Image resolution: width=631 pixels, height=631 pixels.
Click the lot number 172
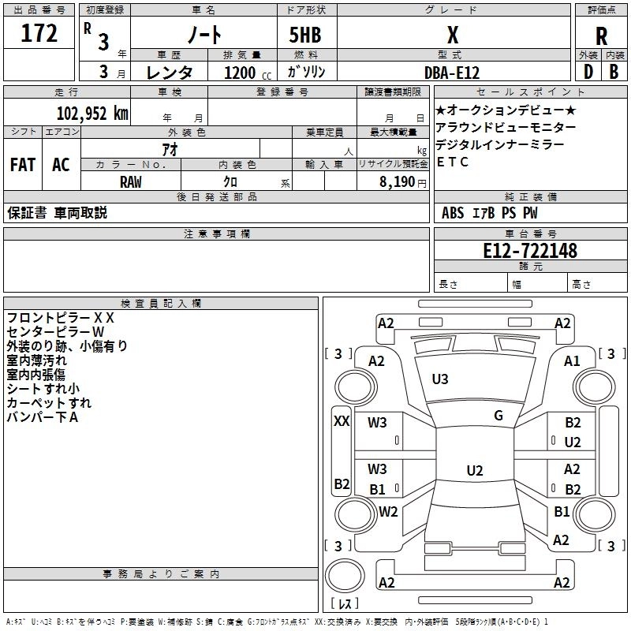point(39,34)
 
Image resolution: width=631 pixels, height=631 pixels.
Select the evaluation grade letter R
point(601,36)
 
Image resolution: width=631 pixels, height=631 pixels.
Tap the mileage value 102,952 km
point(92,113)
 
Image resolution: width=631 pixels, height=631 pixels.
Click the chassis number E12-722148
point(530,251)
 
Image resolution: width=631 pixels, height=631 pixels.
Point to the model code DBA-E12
point(450,72)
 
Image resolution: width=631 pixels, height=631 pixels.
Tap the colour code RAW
point(131,181)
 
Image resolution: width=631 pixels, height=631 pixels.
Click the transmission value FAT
point(22,165)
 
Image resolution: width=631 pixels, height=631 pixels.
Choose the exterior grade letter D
point(588,72)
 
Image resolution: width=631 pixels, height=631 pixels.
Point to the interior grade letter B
point(614,72)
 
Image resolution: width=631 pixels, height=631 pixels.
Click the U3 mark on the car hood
point(440,379)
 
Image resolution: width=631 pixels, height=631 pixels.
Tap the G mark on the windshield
point(498,416)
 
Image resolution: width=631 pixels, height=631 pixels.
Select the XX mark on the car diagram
point(342,421)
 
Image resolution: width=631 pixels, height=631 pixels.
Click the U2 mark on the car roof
point(474,471)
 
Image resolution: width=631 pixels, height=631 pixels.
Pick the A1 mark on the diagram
point(572,360)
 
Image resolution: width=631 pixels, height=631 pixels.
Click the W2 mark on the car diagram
point(388,511)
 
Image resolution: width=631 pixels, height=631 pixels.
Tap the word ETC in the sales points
point(453,162)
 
